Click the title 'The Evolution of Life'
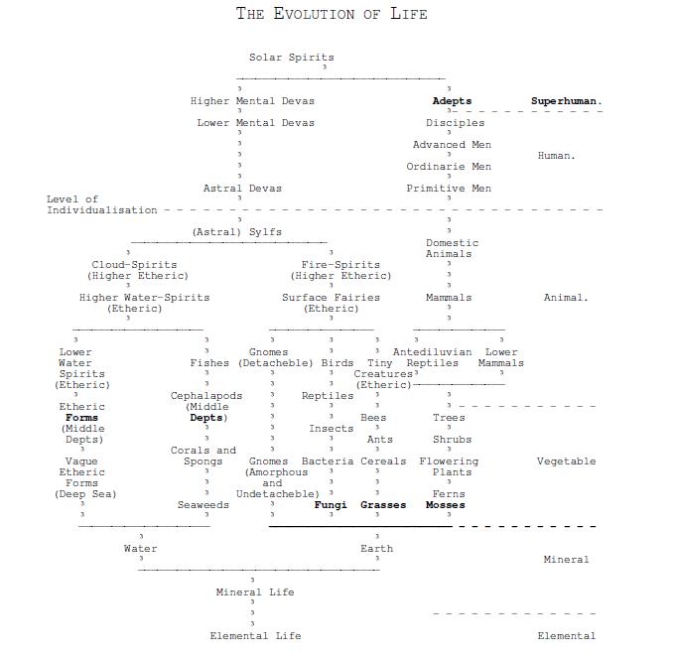[x=332, y=14]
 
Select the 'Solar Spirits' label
[x=291, y=58]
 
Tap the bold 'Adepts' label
[x=452, y=101]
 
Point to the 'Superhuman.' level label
[x=567, y=101]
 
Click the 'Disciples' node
[x=455, y=123]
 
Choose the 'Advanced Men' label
[x=452, y=145]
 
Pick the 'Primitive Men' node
[x=449, y=189]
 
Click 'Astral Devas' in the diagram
[x=242, y=189]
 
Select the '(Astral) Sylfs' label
[x=236, y=232]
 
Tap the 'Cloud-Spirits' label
[x=134, y=265]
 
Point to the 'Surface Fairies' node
[x=331, y=298]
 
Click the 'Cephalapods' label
[x=206, y=396]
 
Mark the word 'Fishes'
[x=209, y=363]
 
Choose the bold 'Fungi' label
[x=331, y=505]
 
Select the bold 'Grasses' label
[x=383, y=505]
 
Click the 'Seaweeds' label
[x=203, y=505]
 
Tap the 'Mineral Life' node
[x=255, y=592]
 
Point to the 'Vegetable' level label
[x=566, y=461]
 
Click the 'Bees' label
[x=373, y=418]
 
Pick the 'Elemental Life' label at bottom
[x=255, y=636]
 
